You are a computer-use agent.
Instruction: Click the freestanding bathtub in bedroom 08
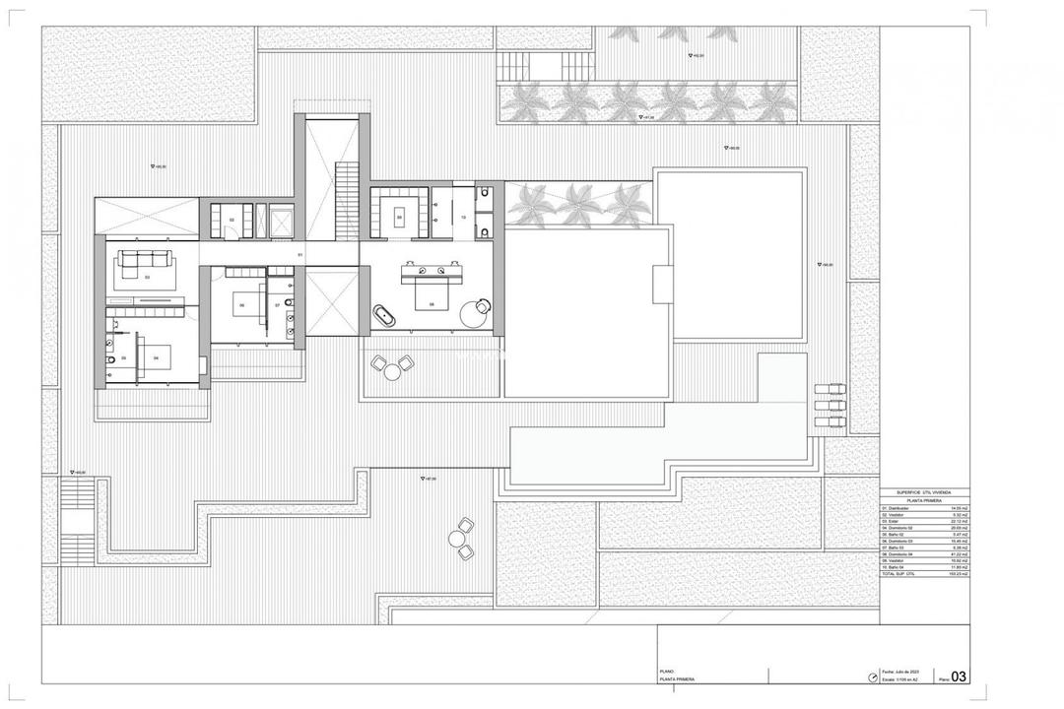tap(383, 316)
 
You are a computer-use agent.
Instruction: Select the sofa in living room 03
tap(146, 260)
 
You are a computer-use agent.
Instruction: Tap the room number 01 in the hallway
tap(299, 255)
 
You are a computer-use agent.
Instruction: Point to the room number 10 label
tap(463, 218)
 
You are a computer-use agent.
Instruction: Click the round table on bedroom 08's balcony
tap(394, 370)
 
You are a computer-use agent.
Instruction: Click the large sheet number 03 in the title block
tap(956, 676)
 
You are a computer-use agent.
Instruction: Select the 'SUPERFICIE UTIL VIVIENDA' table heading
tap(924, 492)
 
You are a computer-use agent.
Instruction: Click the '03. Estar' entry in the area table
tap(893, 522)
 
